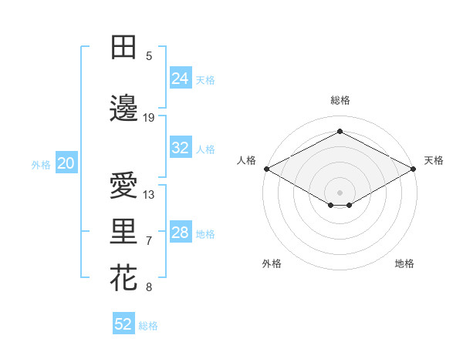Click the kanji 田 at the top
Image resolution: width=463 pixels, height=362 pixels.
coord(123,48)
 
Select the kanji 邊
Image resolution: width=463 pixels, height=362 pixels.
coord(123,109)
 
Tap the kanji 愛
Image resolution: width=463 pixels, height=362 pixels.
coord(123,186)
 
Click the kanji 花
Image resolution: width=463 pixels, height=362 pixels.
coord(123,278)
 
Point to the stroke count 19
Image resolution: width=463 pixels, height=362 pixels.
coord(149,117)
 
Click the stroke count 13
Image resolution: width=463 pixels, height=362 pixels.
coord(149,194)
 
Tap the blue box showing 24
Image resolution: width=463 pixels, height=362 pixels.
coord(180,79)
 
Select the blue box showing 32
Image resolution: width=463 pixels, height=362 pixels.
coord(180,148)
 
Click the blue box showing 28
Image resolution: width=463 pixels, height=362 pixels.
coord(180,233)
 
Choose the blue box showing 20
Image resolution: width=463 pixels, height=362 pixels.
coord(66,163)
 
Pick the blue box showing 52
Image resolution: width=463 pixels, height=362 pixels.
coord(123,324)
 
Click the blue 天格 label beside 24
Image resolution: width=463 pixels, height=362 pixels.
coord(205,79)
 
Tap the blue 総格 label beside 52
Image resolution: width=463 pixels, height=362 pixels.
coord(148,325)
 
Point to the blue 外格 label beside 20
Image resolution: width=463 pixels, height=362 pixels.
coord(40,164)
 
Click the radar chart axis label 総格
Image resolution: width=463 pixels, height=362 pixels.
coord(340,100)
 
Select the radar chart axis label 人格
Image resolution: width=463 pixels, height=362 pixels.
coord(246,160)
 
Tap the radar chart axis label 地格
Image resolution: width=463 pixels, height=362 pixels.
coord(404,263)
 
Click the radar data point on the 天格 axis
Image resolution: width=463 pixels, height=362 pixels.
coord(415,169)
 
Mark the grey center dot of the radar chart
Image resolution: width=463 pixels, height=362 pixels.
coord(340,191)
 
